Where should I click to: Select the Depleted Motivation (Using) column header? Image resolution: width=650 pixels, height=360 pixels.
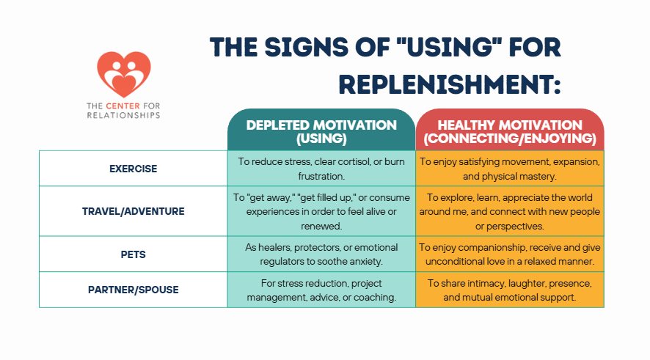coord(321,131)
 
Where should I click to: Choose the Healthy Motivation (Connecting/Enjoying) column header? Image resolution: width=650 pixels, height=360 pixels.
coord(510,131)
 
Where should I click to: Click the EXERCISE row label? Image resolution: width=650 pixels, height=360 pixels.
coord(133,168)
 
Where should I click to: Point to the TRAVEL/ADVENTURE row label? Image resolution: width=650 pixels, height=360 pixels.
coord(133,211)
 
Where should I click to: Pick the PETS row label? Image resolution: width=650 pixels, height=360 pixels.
coord(133,254)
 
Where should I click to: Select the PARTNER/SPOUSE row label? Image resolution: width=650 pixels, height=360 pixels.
coord(133,290)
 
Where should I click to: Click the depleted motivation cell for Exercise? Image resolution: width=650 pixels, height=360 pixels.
coord(321,168)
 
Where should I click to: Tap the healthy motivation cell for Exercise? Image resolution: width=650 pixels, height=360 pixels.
coord(510,168)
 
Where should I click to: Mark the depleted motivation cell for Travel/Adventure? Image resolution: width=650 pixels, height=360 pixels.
coord(321,211)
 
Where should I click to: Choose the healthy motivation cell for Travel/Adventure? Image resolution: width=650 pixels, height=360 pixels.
coord(510,211)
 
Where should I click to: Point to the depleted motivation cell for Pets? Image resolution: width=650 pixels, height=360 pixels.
coord(321,254)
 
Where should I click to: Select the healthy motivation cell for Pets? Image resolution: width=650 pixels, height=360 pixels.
coord(510,254)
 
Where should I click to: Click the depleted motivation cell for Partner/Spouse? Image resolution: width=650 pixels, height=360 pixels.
coord(321,290)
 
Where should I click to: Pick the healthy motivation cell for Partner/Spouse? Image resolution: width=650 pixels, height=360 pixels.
coord(510,290)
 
